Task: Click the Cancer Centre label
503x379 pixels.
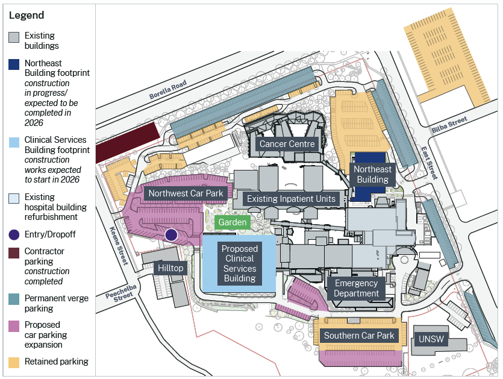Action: pos(287,144)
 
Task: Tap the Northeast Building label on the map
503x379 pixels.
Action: pos(372,174)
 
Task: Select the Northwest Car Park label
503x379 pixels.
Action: pos(186,193)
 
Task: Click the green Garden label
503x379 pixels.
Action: pos(233,222)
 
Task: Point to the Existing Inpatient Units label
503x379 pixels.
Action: pos(291,199)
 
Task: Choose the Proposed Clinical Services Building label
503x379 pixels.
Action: pos(240,263)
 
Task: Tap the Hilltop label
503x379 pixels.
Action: pos(170,268)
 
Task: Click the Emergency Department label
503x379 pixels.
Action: pos(357,288)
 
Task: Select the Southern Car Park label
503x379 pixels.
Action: pos(359,336)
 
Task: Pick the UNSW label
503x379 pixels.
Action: pos(431,339)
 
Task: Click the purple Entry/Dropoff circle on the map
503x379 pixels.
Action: pos(171,235)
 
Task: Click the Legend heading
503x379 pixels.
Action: pos(27,15)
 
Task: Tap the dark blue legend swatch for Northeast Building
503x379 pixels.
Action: pos(14,64)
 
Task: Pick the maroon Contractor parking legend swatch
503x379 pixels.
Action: pos(14,252)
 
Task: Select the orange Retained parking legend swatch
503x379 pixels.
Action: pos(14,362)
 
